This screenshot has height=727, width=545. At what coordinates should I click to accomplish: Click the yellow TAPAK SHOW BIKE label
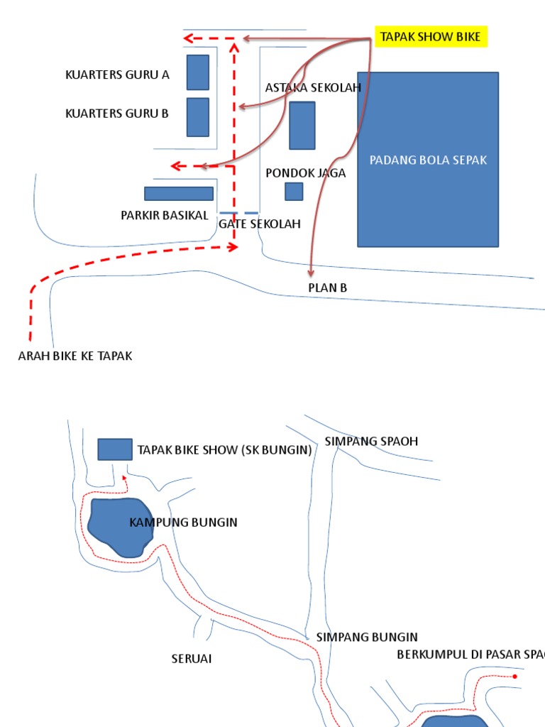(x=431, y=37)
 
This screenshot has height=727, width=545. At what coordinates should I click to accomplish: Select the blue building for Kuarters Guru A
(x=198, y=72)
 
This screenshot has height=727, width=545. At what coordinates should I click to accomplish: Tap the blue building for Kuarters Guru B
(x=198, y=117)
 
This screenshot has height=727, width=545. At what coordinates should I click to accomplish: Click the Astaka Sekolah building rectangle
(x=302, y=126)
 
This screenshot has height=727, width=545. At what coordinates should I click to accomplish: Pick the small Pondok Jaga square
(x=294, y=192)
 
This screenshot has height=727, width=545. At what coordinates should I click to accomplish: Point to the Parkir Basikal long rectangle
(x=179, y=194)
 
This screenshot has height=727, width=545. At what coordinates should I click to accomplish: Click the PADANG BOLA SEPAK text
(x=428, y=160)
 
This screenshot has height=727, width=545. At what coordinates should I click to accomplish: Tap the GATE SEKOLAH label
(x=260, y=224)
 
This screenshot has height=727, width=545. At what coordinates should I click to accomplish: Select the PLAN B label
(x=327, y=288)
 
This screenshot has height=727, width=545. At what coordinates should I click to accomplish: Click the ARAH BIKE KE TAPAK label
(x=75, y=356)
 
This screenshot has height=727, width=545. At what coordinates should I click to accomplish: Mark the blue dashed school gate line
(x=238, y=213)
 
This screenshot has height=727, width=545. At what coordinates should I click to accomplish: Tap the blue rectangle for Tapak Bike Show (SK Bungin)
(x=115, y=449)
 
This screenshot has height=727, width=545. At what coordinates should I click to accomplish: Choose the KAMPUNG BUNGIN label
(x=183, y=523)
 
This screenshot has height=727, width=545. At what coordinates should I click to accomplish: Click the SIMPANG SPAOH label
(x=371, y=442)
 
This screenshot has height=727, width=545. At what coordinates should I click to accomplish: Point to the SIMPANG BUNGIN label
(x=367, y=638)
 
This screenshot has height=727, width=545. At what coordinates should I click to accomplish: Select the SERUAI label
(x=192, y=660)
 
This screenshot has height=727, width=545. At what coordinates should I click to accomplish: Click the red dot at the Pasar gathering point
(x=515, y=677)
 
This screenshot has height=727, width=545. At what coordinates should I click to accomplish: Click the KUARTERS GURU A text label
(x=117, y=75)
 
